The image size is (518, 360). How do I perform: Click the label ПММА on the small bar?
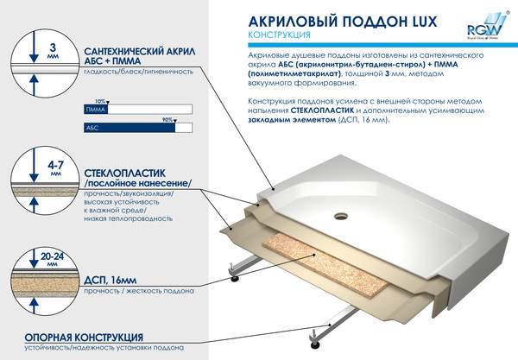[94, 110]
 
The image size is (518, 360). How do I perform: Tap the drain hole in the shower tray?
[377, 194]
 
